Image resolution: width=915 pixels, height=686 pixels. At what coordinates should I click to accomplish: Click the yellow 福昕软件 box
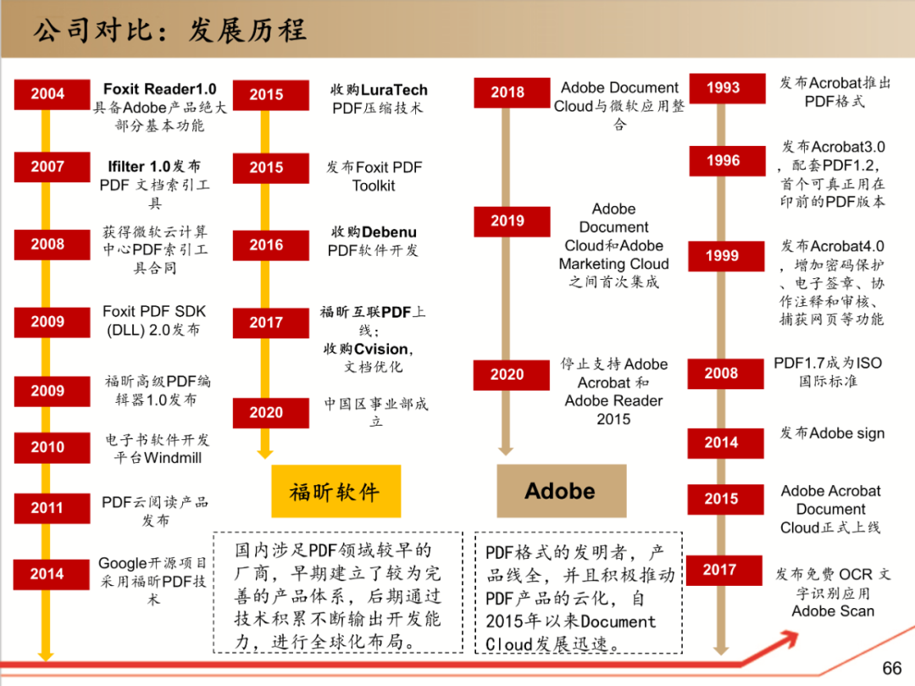click(x=336, y=491)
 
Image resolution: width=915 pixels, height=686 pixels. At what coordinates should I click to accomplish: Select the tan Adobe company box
click(x=562, y=491)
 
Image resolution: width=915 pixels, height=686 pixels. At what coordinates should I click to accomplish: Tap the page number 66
click(x=891, y=668)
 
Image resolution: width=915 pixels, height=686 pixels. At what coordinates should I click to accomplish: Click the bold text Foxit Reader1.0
click(x=160, y=89)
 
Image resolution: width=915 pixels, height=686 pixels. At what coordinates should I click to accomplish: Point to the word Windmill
click(x=173, y=458)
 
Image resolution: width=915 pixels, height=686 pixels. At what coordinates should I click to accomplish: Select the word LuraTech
click(x=394, y=90)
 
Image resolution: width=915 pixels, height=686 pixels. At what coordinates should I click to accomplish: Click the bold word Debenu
click(x=389, y=232)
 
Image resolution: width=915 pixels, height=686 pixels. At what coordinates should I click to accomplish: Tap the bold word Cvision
click(x=381, y=349)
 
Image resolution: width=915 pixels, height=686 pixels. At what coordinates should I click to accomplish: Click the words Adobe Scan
click(x=834, y=611)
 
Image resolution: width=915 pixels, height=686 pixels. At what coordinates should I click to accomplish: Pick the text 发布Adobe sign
click(x=832, y=433)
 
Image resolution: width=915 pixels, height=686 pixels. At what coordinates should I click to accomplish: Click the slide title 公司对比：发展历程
click(x=169, y=31)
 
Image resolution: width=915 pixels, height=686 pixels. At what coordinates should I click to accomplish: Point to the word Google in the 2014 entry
click(x=123, y=563)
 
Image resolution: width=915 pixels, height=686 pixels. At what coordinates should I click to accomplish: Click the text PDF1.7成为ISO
click(x=828, y=363)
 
